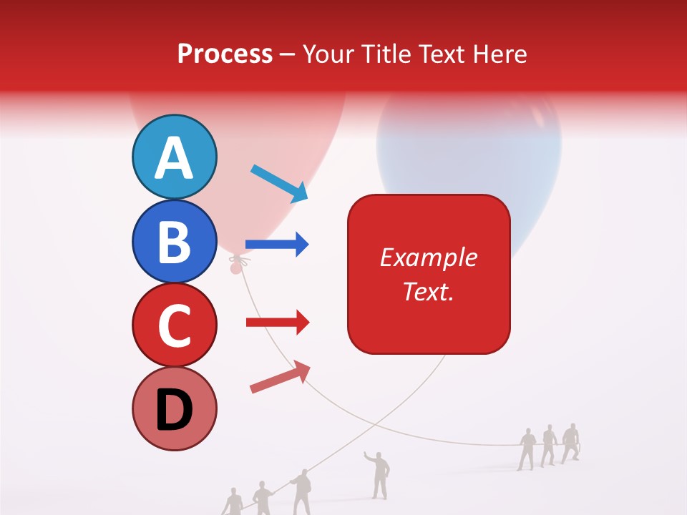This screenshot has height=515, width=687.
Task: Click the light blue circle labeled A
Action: [x=174, y=157]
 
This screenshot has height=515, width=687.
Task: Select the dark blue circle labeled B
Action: [x=174, y=241]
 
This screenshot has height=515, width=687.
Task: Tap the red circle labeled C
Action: [x=174, y=325]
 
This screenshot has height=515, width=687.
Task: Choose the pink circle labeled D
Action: [x=174, y=408]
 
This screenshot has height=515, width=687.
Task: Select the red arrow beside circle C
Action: [x=278, y=323]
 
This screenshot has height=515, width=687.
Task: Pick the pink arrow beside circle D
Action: [x=280, y=378]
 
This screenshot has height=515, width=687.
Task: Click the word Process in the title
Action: [x=225, y=54]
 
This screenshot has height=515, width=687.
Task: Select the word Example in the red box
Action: [x=428, y=257]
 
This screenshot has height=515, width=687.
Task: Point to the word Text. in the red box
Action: [x=428, y=291]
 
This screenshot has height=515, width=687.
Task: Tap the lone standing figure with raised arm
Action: [x=379, y=474]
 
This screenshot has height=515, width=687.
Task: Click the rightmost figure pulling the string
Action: [x=570, y=443]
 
